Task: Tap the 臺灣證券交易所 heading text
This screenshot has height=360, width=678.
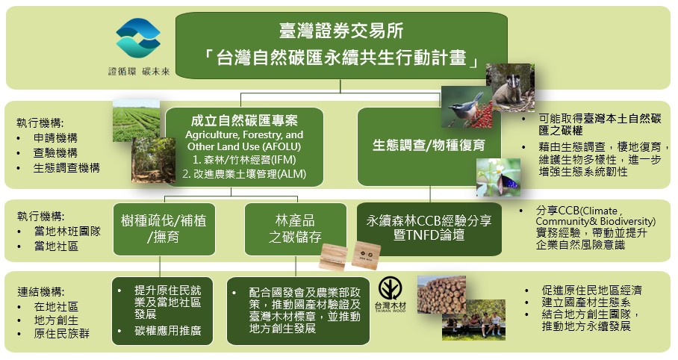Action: (341, 31)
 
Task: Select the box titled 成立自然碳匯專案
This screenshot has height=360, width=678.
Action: (244, 147)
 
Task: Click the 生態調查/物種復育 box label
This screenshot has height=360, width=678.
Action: (429, 146)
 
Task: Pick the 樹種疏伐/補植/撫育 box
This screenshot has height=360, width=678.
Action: (164, 229)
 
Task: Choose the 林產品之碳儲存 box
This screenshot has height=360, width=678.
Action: (296, 229)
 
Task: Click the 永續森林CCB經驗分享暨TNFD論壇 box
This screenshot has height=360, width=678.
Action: (429, 229)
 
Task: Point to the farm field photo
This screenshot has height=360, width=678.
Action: (136, 121)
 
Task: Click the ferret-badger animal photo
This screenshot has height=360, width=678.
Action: (510, 87)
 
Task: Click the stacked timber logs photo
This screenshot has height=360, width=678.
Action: (441, 295)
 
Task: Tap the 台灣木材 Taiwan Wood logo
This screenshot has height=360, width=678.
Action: (391, 295)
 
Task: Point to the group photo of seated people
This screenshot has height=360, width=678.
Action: (473, 320)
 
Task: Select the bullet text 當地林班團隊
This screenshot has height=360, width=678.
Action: (67, 232)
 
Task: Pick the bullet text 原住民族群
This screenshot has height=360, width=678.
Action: (61, 334)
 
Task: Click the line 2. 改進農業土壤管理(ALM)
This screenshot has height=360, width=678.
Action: (244, 174)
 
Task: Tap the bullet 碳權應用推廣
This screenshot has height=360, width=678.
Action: (168, 331)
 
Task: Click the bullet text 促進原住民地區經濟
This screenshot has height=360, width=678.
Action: (591, 290)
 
